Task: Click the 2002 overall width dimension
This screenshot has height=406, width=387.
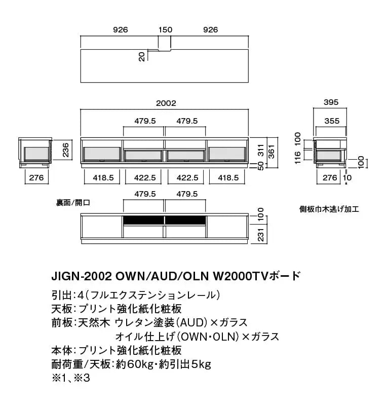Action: point(166,103)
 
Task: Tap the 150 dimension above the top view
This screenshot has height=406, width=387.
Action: point(165,30)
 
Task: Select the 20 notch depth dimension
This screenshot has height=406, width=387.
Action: point(142,56)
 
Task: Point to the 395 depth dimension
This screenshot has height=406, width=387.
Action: point(331,102)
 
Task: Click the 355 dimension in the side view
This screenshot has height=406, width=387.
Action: point(332,121)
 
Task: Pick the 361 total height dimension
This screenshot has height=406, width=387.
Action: point(272,152)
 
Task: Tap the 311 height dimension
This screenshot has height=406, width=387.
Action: point(261,150)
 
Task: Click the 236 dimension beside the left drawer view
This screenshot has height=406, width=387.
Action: point(66,150)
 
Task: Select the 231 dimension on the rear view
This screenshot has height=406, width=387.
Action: point(261,235)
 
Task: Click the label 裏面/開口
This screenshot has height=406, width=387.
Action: point(73,203)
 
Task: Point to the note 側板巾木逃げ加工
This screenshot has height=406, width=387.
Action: point(329,209)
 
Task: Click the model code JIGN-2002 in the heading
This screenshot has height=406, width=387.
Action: point(82,277)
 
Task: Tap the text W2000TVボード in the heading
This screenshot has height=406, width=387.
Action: point(257,276)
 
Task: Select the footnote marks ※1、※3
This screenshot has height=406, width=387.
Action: point(70,378)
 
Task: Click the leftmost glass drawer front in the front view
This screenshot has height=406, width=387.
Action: point(102,154)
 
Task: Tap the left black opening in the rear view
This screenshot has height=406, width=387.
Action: point(143,220)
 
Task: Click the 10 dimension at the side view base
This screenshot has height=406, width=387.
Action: point(347,177)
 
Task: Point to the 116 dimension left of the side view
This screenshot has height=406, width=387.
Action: point(297,158)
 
